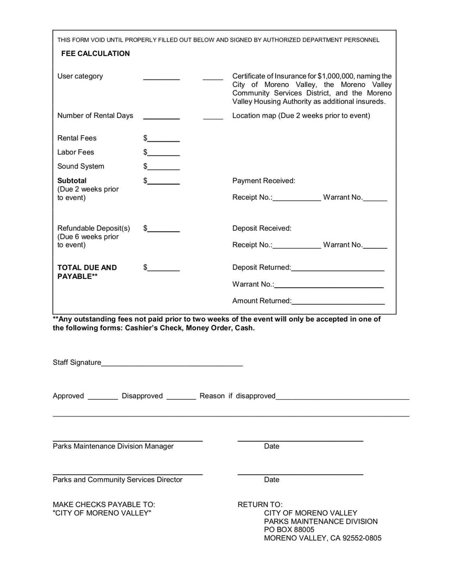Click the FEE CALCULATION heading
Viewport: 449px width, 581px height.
(x=95, y=53)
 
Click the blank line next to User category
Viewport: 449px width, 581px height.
(x=161, y=78)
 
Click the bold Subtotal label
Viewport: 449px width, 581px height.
(x=72, y=181)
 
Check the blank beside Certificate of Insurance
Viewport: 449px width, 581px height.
(x=213, y=78)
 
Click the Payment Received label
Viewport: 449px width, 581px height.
(x=263, y=181)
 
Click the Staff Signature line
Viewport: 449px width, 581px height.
(x=172, y=364)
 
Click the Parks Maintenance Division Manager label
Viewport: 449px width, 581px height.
(x=113, y=446)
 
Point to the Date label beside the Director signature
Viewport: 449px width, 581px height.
(x=272, y=480)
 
